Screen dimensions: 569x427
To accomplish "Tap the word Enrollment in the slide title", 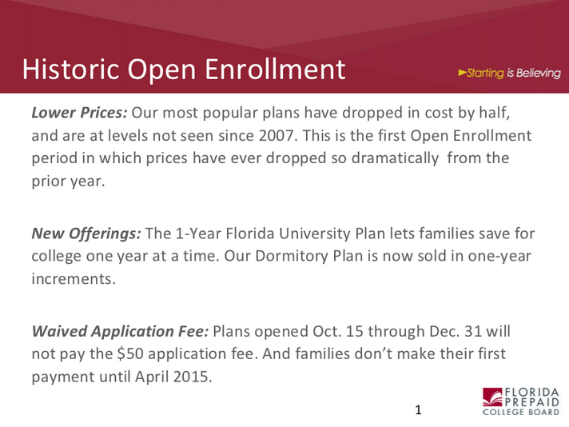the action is [275, 69].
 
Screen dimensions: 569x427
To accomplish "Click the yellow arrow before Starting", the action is [462, 73].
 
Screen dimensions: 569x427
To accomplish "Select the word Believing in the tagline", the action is [539, 73].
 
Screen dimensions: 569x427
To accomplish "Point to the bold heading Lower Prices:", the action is [79, 113].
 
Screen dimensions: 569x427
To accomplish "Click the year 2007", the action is [277, 135].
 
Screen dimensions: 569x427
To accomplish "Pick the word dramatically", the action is [395, 158].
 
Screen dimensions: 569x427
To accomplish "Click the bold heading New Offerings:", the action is [86, 233].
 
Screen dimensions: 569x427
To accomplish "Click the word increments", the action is [74, 279].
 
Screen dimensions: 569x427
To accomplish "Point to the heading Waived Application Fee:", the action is [120, 332].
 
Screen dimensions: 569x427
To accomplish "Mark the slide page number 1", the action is [418, 410].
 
